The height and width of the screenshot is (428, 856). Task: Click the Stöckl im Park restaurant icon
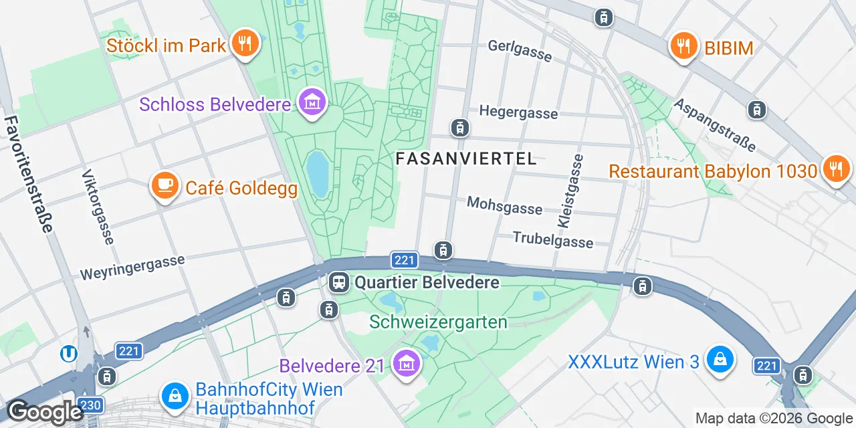(x=245, y=43)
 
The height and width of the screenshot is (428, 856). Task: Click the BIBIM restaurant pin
(x=683, y=46)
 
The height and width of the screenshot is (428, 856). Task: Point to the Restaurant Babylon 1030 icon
(x=835, y=169)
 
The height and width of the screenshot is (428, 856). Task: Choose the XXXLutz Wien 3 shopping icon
(x=720, y=360)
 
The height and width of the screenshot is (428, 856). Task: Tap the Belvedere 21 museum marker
(x=405, y=364)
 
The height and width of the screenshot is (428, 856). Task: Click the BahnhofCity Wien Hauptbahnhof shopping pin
(x=175, y=396)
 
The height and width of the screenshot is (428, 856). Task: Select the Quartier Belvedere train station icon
(x=339, y=282)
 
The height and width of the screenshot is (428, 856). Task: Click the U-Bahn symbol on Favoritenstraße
(x=68, y=353)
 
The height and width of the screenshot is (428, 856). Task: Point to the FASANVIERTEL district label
(x=466, y=158)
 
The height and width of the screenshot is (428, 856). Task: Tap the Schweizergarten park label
(x=438, y=322)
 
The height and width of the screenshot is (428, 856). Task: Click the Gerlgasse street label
(x=520, y=49)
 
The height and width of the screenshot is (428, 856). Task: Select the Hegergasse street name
(x=518, y=112)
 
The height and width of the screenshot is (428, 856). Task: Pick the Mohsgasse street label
(x=504, y=205)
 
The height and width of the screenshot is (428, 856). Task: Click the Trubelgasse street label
(x=552, y=239)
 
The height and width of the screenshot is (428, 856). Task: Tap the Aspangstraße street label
(x=715, y=124)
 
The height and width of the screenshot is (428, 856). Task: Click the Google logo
(x=44, y=413)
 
